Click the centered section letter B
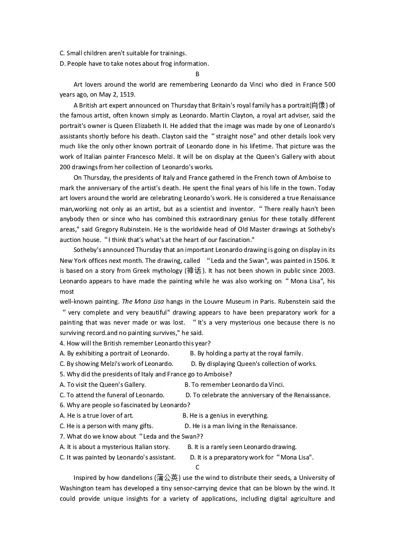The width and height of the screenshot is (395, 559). [x=197, y=74]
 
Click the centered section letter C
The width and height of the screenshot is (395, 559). [x=197, y=467]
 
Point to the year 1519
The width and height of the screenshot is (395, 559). [x=126, y=95]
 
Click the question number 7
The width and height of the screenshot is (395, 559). [x=62, y=437]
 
